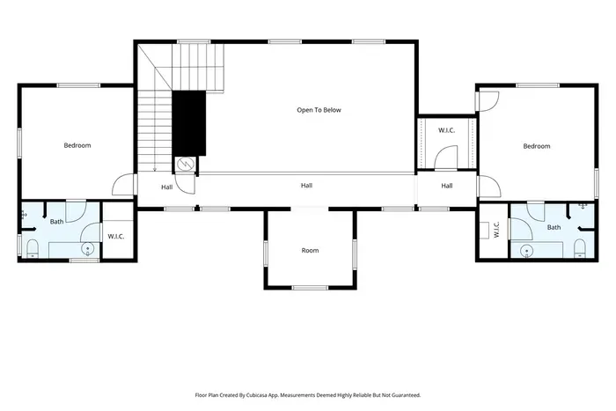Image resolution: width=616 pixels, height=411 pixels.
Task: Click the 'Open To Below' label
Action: pos(318,110)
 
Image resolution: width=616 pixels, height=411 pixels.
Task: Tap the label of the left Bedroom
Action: pos(77,145)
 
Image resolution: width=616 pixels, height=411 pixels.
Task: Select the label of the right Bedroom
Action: pos(536,146)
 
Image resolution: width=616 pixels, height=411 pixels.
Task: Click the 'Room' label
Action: pos(310,251)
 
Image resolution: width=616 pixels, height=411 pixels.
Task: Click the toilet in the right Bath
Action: pos(581,247)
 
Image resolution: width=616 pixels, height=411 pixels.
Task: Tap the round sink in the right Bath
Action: pos(525,251)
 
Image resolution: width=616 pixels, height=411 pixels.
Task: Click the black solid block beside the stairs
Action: pos(187,122)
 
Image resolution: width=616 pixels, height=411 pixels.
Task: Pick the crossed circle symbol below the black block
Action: pos(186,164)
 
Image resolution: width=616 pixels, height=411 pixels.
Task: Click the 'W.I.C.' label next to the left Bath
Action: pos(117,236)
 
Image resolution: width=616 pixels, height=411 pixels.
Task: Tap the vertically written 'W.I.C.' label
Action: pos(496,230)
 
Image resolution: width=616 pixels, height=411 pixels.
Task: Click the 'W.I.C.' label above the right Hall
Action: pos(446,130)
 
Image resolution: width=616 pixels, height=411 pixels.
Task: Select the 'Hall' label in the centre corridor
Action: pos(306,186)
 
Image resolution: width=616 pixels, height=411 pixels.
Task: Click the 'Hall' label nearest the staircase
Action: pos(166,187)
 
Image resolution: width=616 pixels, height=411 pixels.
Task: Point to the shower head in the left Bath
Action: pos(24,214)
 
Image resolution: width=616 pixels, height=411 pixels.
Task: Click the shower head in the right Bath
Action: pos(583,208)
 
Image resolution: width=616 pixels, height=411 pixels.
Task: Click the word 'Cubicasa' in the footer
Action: pos(269,395)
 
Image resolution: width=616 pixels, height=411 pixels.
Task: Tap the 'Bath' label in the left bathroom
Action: pos(56,222)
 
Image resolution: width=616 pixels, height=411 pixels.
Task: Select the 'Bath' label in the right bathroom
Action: pos(554,227)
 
